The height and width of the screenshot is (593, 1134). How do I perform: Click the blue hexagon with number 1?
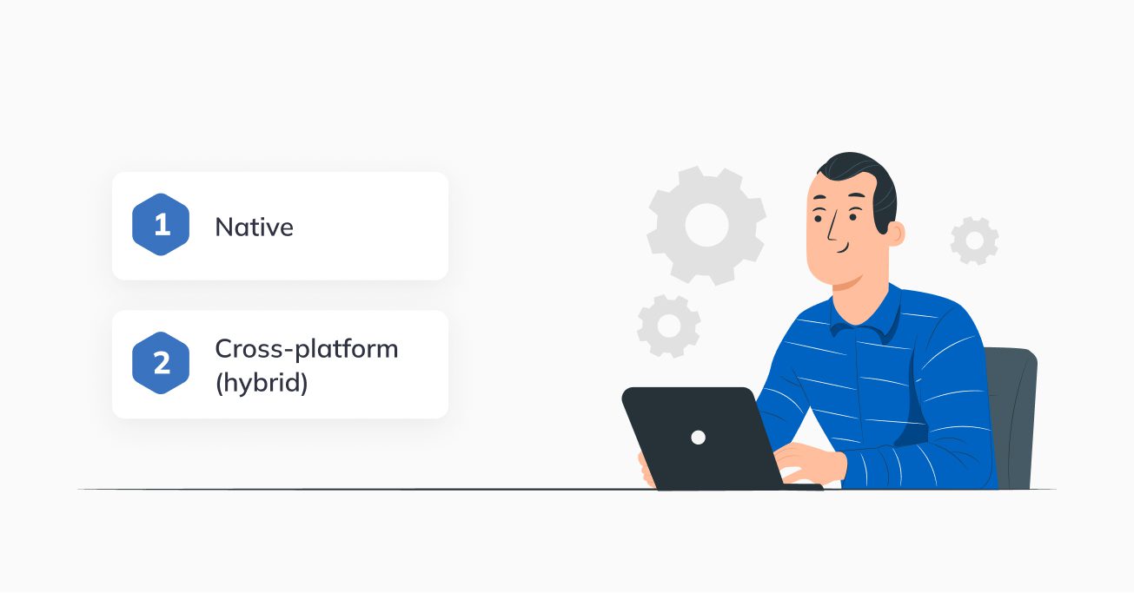coord(161,224)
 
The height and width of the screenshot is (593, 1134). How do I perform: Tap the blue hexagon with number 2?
coord(161,363)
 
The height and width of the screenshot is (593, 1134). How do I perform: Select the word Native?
coord(254,227)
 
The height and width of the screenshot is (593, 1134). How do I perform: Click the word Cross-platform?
coord(307,349)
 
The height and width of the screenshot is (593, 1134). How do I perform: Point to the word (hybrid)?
coord(262,383)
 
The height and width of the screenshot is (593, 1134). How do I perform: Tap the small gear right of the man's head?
coord(974,240)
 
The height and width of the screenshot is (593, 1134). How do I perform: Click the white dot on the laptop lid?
coord(698,438)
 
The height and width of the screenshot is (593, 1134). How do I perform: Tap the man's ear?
coord(895,234)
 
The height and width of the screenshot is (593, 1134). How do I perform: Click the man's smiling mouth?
coord(842,249)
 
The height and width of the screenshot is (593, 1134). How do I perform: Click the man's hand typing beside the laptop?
coord(810,463)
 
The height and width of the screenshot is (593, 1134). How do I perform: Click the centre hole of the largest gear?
coord(706,225)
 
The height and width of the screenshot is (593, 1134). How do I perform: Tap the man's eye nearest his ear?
coord(852,217)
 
